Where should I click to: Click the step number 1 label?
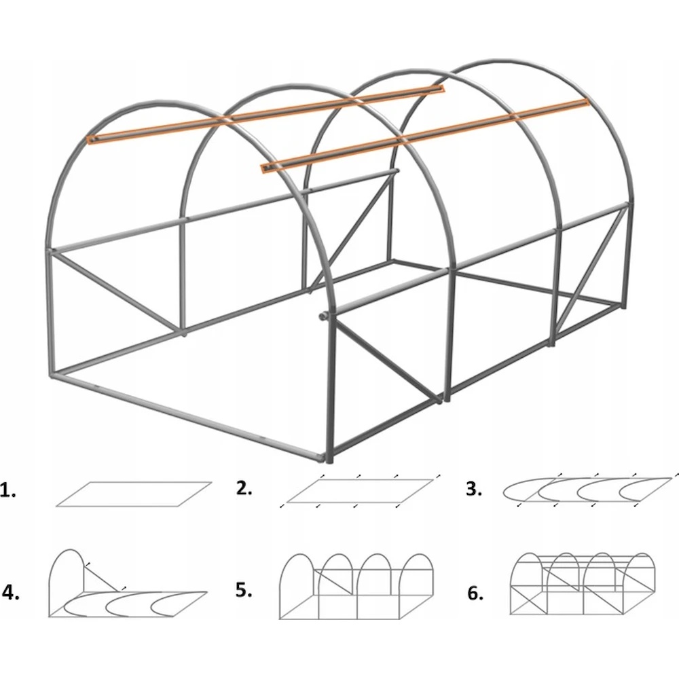(x=7, y=491)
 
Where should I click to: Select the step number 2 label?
(x=244, y=488)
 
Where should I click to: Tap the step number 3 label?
(x=474, y=489)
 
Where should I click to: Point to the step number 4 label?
(x=11, y=592)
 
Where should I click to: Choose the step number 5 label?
(x=244, y=589)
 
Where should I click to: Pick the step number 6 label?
(x=475, y=593)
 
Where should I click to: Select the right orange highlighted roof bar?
(x=425, y=135)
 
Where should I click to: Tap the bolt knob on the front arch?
(x=323, y=316)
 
